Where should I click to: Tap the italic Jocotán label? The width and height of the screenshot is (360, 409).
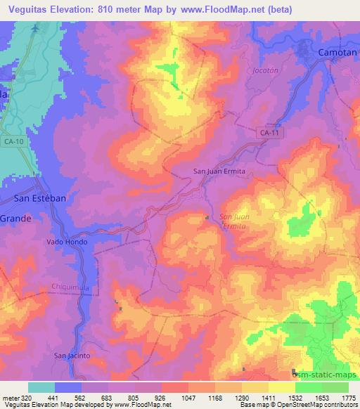[262, 71]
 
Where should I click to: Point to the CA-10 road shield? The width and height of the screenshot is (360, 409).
[12, 143]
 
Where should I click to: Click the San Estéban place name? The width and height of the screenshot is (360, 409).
[40, 198]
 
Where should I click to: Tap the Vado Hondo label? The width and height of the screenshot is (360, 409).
[65, 241]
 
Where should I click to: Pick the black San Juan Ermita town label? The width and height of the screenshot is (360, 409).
[221, 170]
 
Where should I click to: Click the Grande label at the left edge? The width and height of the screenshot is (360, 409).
[14, 219]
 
